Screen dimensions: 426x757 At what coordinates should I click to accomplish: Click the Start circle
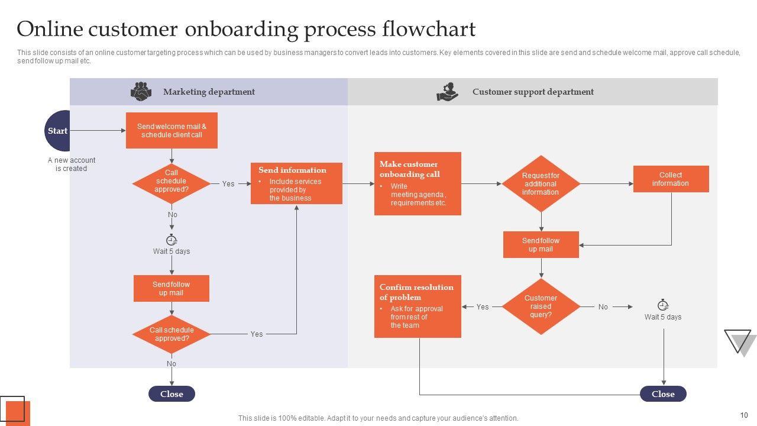pyautogui.click(x=58, y=131)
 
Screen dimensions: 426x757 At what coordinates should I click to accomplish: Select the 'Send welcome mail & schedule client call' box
pyautogui.click(x=172, y=130)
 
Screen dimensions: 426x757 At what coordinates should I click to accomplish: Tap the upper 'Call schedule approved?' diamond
pyautogui.click(x=172, y=182)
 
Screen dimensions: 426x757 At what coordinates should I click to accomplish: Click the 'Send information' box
pyautogui.click(x=296, y=183)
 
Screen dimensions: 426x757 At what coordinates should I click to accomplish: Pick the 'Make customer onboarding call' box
pyautogui.click(x=418, y=183)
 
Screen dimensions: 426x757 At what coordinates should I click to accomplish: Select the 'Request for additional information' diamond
pyautogui.click(x=541, y=184)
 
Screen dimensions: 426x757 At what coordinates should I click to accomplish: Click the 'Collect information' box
pyautogui.click(x=671, y=179)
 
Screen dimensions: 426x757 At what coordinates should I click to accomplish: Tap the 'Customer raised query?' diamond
pyautogui.click(x=541, y=306)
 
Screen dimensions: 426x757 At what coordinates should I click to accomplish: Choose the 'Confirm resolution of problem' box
pyautogui.click(x=418, y=306)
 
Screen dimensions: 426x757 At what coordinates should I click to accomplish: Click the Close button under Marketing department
pyautogui.click(x=172, y=394)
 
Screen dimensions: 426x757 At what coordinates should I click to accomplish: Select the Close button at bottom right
pyautogui.click(x=663, y=394)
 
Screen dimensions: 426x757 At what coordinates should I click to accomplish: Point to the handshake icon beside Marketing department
pyautogui.click(x=141, y=92)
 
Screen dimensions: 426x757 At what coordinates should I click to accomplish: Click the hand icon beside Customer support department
pyautogui.click(x=448, y=92)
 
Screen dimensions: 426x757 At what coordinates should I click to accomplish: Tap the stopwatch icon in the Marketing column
pyautogui.click(x=172, y=240)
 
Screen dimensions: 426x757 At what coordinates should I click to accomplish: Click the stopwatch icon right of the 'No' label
pyautogui.click(x=663, y=305)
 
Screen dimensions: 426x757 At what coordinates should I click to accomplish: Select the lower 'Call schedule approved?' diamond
pyautogui.click(x=172, y=334)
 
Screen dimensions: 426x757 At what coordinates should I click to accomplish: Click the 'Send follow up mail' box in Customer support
pyautogui.click(x=541, y=245)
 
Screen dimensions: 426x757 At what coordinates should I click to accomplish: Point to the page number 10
pyautogui.click(x=744, y=415)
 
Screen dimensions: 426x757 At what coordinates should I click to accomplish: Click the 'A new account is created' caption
pyautogui.click(x=72, y=164)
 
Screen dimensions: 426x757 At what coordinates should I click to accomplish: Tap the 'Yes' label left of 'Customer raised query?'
pyautogui.click(x=483, y=307)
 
